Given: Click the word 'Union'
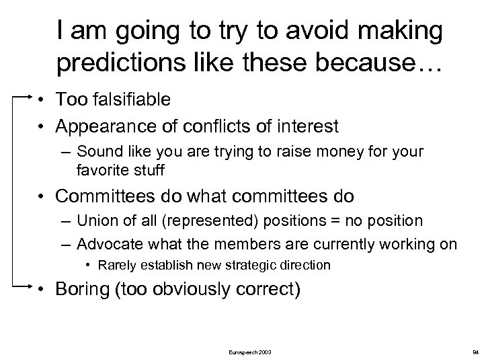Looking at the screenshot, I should [x=96, y=221].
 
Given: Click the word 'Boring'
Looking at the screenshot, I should [x=82, y=290].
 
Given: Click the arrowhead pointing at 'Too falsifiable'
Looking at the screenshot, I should [x=29, y=97].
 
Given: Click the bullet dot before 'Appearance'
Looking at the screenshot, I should [x=42, y=126].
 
